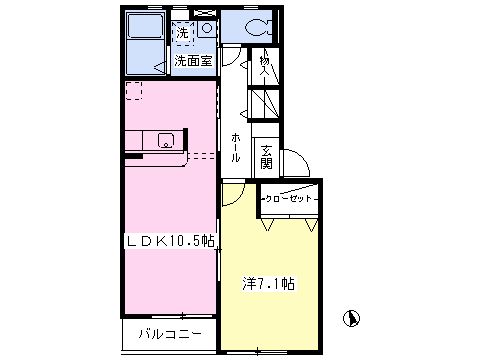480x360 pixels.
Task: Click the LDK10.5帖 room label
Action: click(x=169, y=241)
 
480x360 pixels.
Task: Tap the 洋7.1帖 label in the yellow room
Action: click(x=268, y=284)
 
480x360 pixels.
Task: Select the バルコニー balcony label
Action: click(x=170, y=334)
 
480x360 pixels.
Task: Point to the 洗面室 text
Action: click(x=193, y=61)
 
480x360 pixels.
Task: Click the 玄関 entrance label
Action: click(x=266, y=157)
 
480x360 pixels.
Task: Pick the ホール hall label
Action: click(x=235, y=147)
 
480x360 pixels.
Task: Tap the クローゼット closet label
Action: click(x=288, y=199)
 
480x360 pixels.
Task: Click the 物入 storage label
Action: click(x=264, y=65)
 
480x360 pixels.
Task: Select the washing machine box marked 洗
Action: click(x=182, y=33)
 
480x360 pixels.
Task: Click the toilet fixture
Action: click(x=258, y=27)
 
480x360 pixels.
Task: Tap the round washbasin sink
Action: click(x=207, y=28)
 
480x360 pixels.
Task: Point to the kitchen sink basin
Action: click(x=166, y=140)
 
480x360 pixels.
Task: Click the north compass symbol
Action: click(x=351, y=318)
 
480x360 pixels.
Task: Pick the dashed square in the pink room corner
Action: click(x=134, y=91)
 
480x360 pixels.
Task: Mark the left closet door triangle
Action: click(x=268, y=224)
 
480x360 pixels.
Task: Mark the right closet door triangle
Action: click(x=312, y=225)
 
